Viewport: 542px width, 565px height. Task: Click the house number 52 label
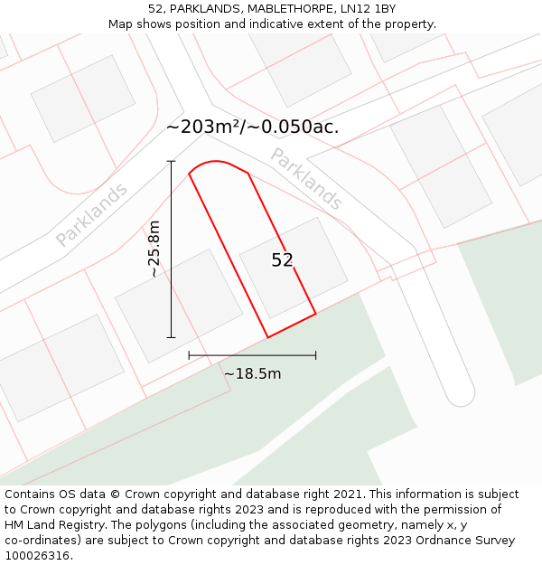coord(282,260)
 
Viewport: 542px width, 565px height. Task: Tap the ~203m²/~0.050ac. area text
coord(253,127)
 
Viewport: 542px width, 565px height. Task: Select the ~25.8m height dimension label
coord(154,249)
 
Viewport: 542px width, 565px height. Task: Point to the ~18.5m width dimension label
coord(252,373)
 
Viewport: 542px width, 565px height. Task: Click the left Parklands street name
coord(91,215)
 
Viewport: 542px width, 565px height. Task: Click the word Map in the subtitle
coord(122,24)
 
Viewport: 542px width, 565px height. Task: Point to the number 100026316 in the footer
coord(35,555)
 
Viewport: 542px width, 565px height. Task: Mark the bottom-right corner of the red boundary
coord(315,315)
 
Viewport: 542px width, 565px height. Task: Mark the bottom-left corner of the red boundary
coord(267,337)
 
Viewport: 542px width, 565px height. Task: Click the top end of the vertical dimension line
coord(171,161)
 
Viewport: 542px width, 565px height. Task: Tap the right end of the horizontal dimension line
coord(315,355)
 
